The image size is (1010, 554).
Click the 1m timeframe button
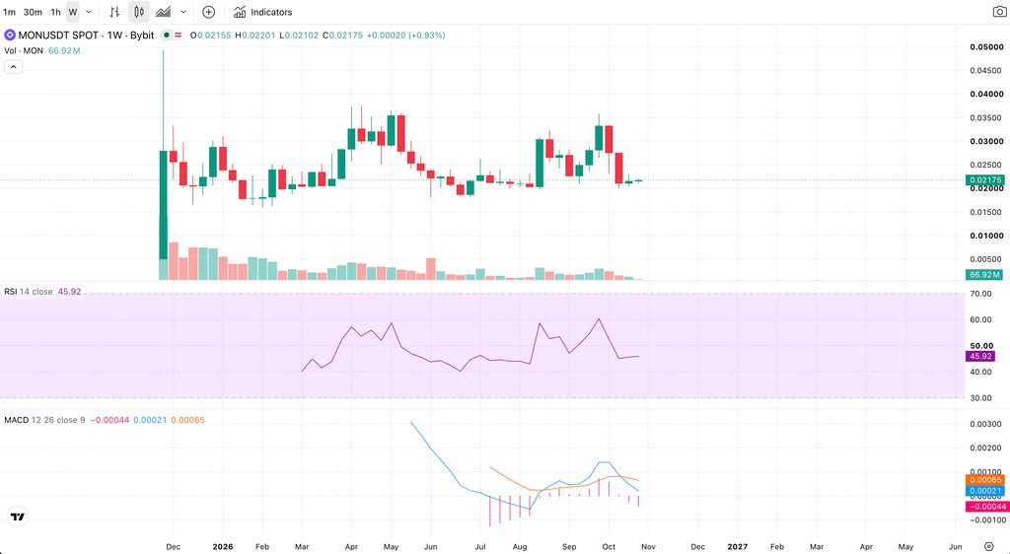click(9, 12)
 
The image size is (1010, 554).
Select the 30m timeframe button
click(33, 12)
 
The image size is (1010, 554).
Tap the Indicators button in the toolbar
click(262, 12)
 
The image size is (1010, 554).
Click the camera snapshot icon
click(999, 12)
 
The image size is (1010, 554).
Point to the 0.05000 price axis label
click(986, 47)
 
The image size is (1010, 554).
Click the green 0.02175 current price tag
click(985, 180)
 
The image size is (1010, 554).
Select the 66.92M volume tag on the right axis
click(985, 275)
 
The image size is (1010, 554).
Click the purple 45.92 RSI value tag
click(979, 356)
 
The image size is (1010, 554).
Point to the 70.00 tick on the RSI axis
click(981, 294)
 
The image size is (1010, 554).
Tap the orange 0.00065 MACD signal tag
click(985, 480)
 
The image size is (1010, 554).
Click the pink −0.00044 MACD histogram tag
click(986, 507)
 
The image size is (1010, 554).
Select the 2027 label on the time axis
click(738, 547)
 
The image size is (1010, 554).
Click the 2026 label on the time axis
click(222, 547)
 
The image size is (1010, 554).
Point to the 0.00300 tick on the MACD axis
click(986, 424)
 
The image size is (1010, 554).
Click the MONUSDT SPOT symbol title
click(58, 35)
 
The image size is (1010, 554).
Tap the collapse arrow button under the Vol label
click(13, 67)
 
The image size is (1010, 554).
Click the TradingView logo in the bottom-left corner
click(18, 517)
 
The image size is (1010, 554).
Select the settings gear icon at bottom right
click(988, 547)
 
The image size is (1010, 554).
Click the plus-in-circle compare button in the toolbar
click(208, 12)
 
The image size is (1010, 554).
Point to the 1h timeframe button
click(56, 12)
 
